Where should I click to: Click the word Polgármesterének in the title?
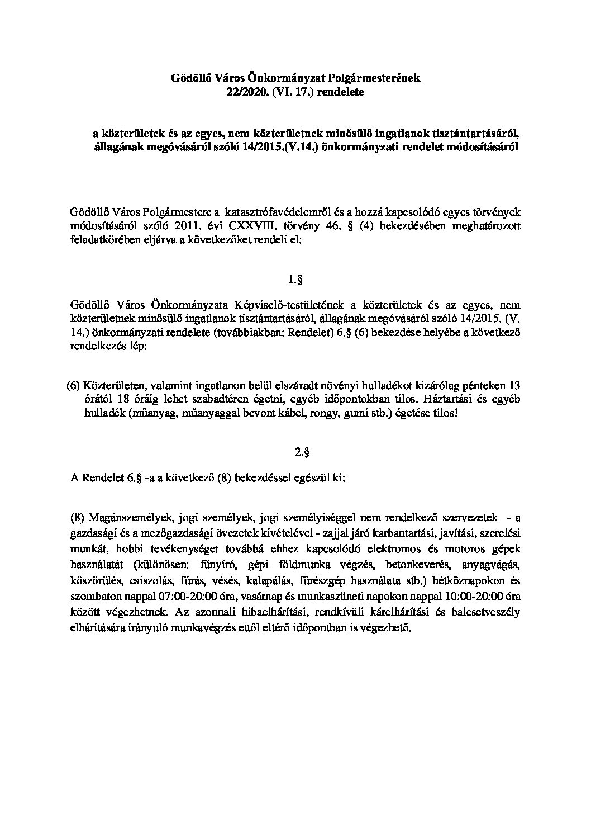pyautogui.click(x=373, y=78)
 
